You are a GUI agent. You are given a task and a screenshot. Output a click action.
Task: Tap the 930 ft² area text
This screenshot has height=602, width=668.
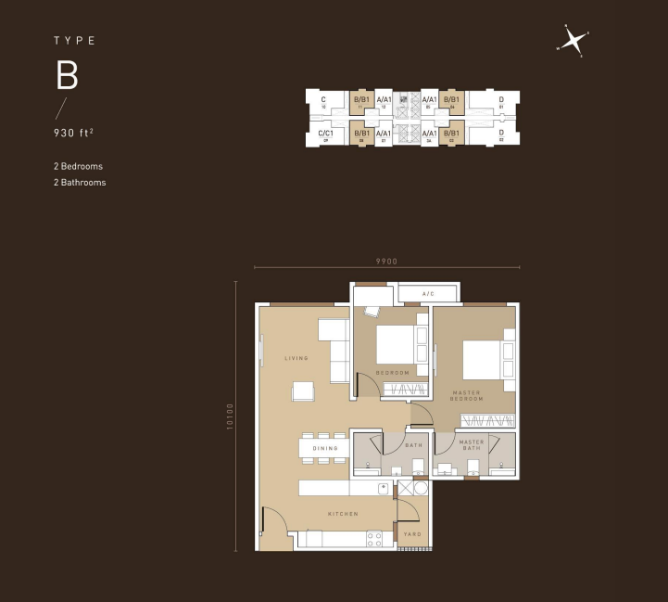pyautogui.click(x=73, y=133)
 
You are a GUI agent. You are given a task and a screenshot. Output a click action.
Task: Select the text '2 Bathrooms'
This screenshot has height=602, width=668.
pyautogui.click(x=80, y=183)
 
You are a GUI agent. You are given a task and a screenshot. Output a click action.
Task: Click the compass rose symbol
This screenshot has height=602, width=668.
pyautogui.click(x=573, y=42)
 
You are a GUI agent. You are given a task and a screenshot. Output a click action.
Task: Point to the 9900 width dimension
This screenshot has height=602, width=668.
pyautogui.click(x=386, y=262)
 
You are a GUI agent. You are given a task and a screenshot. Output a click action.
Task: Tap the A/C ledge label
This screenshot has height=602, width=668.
pyautogui.click(x=428, y=294)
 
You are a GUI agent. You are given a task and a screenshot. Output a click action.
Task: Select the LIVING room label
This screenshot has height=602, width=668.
pyautogui.click(x=296, y=358)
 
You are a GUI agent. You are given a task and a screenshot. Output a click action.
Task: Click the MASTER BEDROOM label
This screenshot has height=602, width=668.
pyautogui.click(x=467, y=396)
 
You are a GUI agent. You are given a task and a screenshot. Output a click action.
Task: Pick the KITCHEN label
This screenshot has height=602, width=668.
pyautogui.click(x=342, y=514)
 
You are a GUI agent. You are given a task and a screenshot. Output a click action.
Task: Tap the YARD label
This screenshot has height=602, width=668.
pyautogui.click(x=412, y=534)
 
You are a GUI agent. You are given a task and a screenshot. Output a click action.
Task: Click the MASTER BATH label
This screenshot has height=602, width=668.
pyautogui.click(x=472, y=445)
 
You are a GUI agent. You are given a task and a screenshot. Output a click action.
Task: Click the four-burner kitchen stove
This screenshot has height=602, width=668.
pyautogui.click(x=375, y=538)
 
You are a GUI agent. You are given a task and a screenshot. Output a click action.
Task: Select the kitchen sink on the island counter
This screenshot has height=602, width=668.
pyautogui.click(x=382, y=487)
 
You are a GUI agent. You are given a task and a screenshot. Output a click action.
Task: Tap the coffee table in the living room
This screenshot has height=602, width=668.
pyautogui.click(x=304, y=391)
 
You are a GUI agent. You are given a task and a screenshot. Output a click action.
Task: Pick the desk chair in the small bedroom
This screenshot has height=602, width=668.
pyautogui.click(x=372, y=312)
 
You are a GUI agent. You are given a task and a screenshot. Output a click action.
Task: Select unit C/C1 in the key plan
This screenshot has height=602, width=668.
pyautogui.click(x=325, y=134)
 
